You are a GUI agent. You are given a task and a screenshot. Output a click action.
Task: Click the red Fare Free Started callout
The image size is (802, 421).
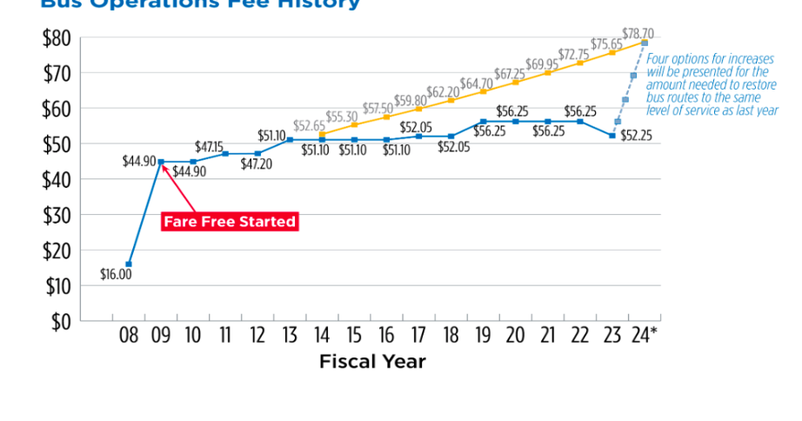(230, 222)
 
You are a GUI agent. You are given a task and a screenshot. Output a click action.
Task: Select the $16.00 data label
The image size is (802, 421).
(116, 275)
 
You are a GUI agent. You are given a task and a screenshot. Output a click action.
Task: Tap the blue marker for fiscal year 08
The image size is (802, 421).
(129, 264)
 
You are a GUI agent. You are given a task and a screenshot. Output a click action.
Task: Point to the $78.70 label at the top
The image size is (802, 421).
(638, 34)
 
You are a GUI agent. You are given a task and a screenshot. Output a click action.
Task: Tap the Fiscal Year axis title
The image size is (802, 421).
(372, 361)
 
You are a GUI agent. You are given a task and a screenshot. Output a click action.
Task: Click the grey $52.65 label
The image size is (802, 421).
(309, 125)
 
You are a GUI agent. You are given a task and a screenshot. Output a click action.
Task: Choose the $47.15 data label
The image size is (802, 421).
(209, 147)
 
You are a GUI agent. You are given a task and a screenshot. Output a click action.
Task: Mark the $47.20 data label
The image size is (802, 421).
(257, 164)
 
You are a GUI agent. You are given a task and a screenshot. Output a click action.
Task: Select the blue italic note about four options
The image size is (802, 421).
(712, 85)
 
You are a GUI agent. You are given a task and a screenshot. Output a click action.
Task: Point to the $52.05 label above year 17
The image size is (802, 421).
(417, 128)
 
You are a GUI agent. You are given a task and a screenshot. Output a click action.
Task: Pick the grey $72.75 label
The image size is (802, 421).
(574, 55)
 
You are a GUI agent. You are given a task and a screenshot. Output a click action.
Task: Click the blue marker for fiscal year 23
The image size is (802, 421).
(612, 136)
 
